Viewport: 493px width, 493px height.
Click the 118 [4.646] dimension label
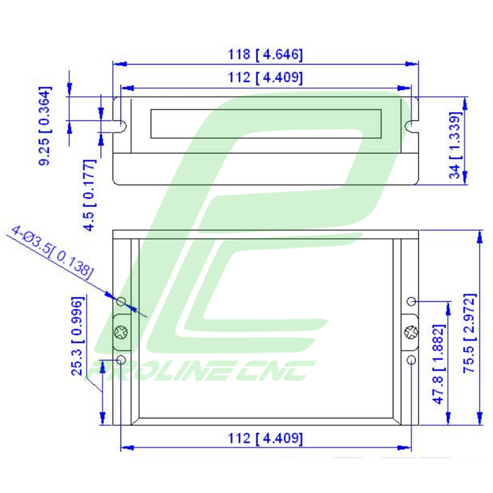point(265,55)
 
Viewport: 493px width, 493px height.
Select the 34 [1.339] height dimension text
point(456,145)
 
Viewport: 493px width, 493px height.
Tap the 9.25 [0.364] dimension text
point(45,126)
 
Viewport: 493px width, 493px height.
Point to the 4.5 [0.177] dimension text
point(89,195)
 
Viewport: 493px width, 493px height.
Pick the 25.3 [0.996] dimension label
point(78,336)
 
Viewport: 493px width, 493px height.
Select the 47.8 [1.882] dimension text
point(439,364)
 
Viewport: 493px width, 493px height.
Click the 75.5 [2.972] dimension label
point(470,333)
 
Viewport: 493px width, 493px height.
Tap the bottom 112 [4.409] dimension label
point(265,438)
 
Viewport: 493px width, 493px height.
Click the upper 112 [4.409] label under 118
point(265,78)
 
